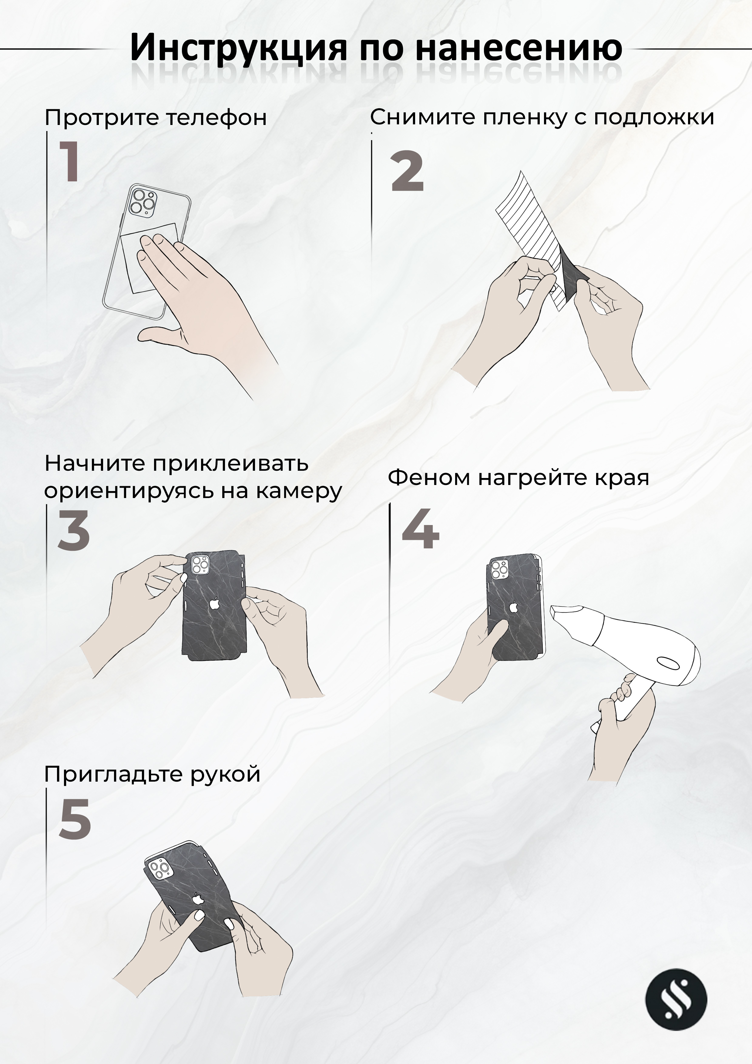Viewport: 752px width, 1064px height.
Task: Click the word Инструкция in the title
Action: point(238,48)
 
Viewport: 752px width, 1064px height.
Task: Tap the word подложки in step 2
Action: point(654,118)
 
